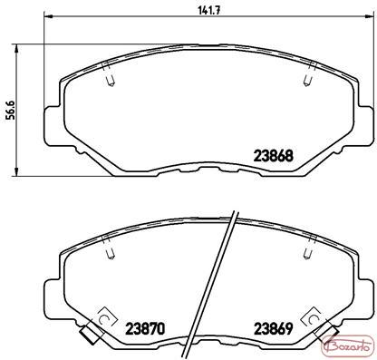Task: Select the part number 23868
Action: click(x=274, y=156)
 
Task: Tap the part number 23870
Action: click(x=146, y=328)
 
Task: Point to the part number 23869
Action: click(x=274, y=328)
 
